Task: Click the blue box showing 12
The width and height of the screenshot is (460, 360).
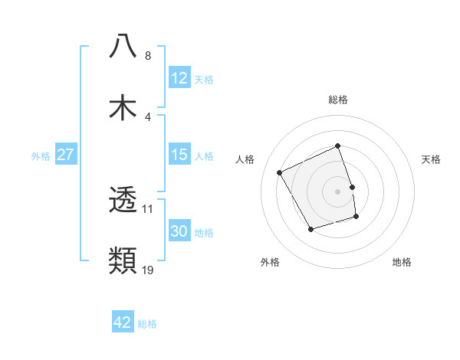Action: pyautogui.click(x=179, y=78)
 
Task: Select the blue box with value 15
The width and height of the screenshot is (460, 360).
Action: pyautogui.click(x=179, y=155)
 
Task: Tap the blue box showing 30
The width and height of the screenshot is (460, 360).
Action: pyautogui.click(x=179, y=231)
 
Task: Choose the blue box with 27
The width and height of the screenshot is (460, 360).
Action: pyautogui.click(x=66, y=155)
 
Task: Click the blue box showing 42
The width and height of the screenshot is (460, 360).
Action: pyautogui.click(x=123, y=322)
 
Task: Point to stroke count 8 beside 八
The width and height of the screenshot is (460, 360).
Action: pyautogui.click(x=148, y=56)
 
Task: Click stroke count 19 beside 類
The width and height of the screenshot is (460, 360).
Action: pyautogui.click(x=149, y=270)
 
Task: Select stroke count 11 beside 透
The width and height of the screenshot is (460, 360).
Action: pyautogui.click(x=149, y=208)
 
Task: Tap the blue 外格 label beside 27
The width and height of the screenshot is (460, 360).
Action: pyautogui.click(x=41, y=156)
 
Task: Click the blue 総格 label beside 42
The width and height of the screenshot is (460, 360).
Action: pyautogui.click(x=147, y=324)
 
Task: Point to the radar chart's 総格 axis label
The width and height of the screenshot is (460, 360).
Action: pyautogui.click(x=338, y=100)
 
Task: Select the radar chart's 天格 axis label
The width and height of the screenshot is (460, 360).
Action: pyautogui.click(x=432, y=159)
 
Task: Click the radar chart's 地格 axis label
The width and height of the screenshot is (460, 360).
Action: pyautogui.click(x=402, y=263)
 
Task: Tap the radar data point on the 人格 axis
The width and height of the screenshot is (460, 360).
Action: pyautogui.click(x=280, y=172)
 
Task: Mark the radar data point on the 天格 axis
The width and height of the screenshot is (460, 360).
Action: pyautogui.click(x=352, y=186)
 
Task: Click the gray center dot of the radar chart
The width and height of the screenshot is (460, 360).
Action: pyautogui.click(x=338, y=191)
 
